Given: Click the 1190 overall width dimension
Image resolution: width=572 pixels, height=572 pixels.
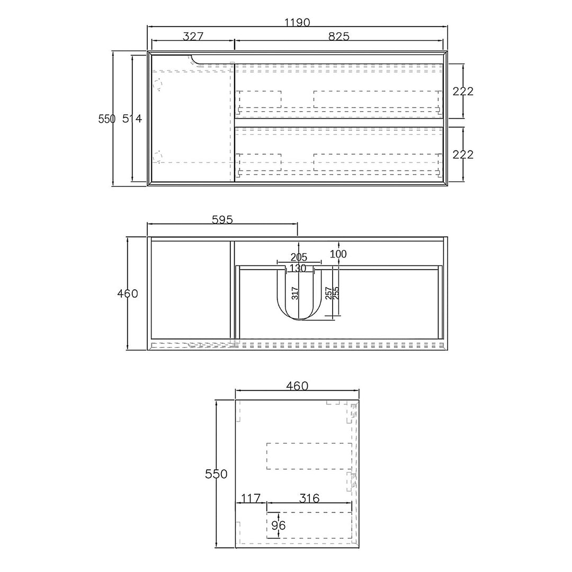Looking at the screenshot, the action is [297, 23].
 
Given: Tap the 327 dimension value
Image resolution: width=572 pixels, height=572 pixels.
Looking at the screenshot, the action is [193, 37].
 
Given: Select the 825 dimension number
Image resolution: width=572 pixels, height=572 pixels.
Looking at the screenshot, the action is [339, 37].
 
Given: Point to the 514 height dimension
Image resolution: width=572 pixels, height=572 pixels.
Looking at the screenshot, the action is [132, 119].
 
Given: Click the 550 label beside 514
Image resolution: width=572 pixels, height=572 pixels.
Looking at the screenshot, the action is [107, 119].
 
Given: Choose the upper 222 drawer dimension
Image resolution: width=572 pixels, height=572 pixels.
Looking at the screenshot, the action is [463, 91].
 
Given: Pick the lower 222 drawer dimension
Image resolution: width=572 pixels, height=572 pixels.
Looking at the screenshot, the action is [463, 155].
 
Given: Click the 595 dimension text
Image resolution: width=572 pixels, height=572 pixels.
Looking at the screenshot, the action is [222, 220].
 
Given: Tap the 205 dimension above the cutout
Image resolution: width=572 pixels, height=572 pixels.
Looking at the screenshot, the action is [299, 257].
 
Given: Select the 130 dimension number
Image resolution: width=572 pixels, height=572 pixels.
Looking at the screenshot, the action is [298, 269].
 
